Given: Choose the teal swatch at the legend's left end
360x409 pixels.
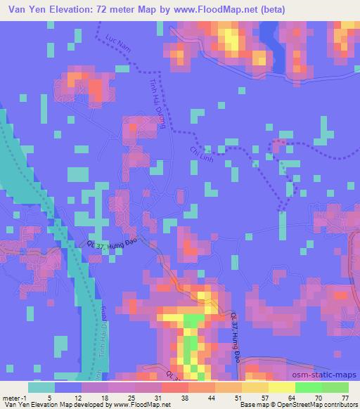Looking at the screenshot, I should [x=41, y=387].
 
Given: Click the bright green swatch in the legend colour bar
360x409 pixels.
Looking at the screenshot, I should [x=308, y=387].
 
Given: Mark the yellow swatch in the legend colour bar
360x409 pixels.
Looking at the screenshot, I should [x=281, y=387].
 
